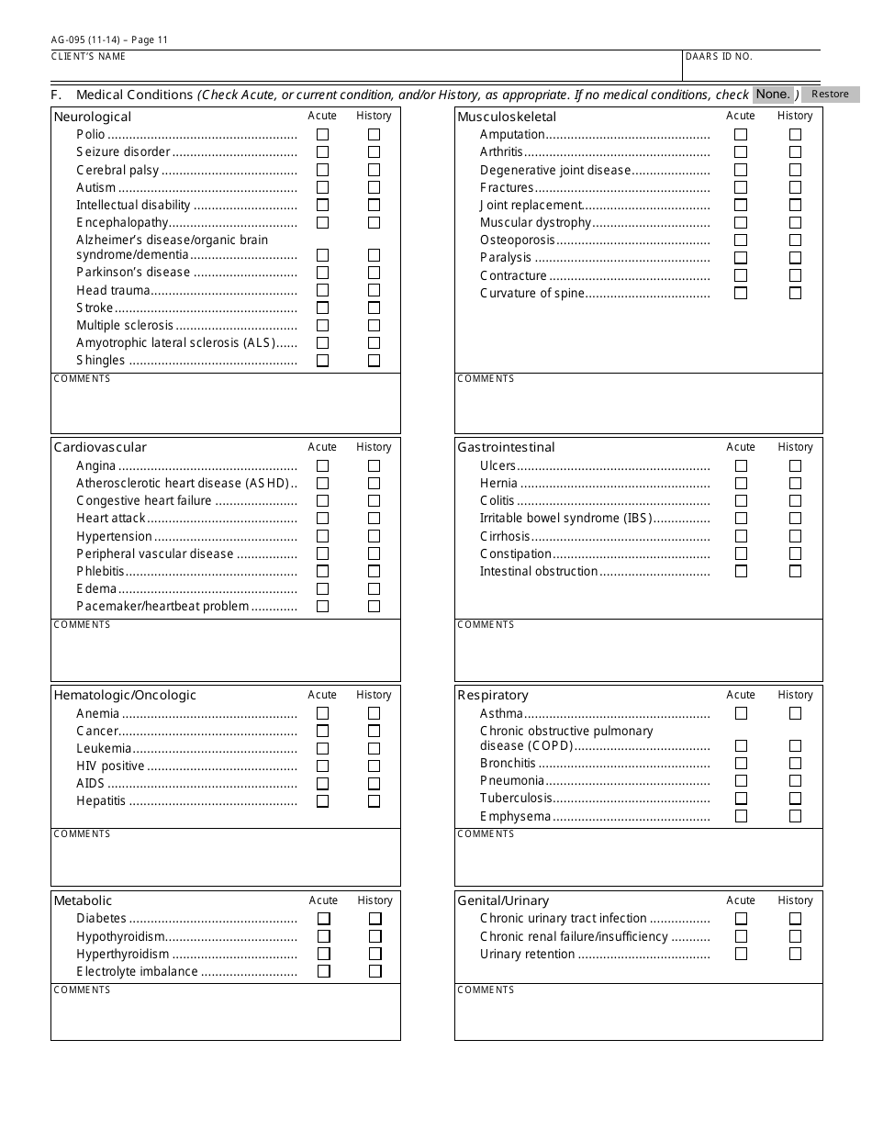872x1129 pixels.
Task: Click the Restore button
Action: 830,94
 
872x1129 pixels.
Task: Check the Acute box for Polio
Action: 322,134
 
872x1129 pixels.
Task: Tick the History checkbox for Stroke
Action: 374,308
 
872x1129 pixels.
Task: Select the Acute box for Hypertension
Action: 322,536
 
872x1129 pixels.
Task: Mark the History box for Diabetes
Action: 375,919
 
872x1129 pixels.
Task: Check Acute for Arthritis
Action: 741,152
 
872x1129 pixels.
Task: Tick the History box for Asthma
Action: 795,713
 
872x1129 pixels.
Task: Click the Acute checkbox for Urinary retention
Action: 741,954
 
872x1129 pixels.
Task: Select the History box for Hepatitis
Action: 374,801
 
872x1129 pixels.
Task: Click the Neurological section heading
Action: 93,117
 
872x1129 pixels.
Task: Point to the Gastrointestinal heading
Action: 506,447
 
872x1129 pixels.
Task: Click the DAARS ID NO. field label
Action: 719,57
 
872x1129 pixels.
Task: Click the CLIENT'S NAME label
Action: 88,57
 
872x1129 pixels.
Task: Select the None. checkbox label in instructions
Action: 773,94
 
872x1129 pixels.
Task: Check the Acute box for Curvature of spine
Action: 741,294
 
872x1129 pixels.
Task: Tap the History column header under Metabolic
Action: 375,900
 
